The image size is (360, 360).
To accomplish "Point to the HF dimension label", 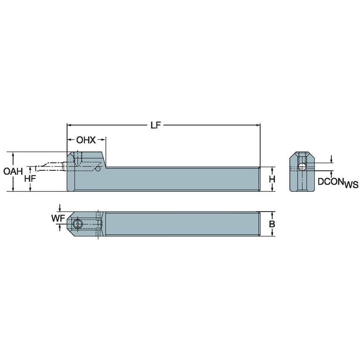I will click(x=30, y=178).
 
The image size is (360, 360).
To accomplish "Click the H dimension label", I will click(x=272, y=179).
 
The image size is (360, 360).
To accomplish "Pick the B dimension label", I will click(x=272, y=224).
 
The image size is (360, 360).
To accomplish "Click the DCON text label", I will click(x=330, y=181).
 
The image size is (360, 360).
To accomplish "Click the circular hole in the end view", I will click(x=302, y=168).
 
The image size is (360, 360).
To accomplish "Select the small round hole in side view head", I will click(x=98, y=169).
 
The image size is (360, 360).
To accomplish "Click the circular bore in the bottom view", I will click(x=78, y=224).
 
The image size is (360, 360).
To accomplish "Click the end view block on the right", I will click(x=302, y=173).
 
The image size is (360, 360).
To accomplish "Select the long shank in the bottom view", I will click(x=181, y=224).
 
